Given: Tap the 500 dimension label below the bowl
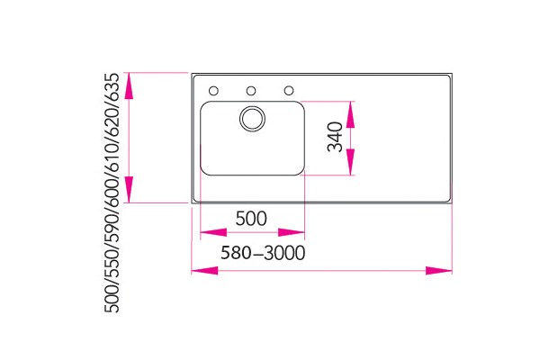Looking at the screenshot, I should pyautogui.click(x=251, y=218).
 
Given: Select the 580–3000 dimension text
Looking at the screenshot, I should pyautogui.click(x=262, y=253).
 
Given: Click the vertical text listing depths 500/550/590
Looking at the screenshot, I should pyautogui.click(x=112, y=193).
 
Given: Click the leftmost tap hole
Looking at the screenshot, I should pyautogui.click(x=214, y=90).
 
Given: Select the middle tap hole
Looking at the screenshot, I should pyautogui.click(x=252, y=90).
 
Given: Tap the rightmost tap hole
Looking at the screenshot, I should pyautogui.click(x=290, y=90).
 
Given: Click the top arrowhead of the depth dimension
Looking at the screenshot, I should pyautogui.click(x=130, y=81).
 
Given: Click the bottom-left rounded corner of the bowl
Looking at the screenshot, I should pyautogui.click(x=203, y=171).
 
